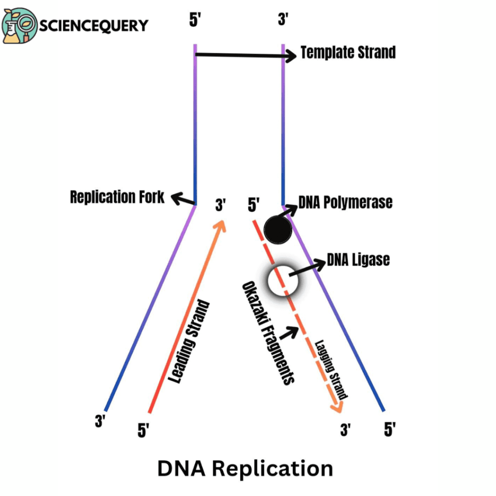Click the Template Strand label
[x=348, y=52]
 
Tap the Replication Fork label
[x=117, y=197]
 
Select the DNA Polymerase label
[x=345, y=202]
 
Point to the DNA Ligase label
[x=358, y=260]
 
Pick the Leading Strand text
[x=190, y=342]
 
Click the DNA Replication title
[x=246, y=469]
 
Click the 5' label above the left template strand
[x=195, y=21]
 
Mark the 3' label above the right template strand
[x=283, y=21]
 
